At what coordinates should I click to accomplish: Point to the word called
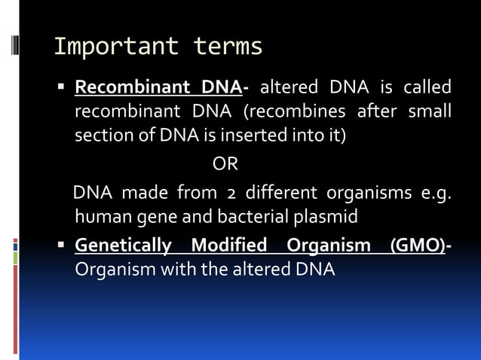426,87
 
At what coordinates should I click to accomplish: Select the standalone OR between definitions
225,164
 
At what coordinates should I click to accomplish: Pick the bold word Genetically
124,246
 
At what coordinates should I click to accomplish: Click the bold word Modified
229,246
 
